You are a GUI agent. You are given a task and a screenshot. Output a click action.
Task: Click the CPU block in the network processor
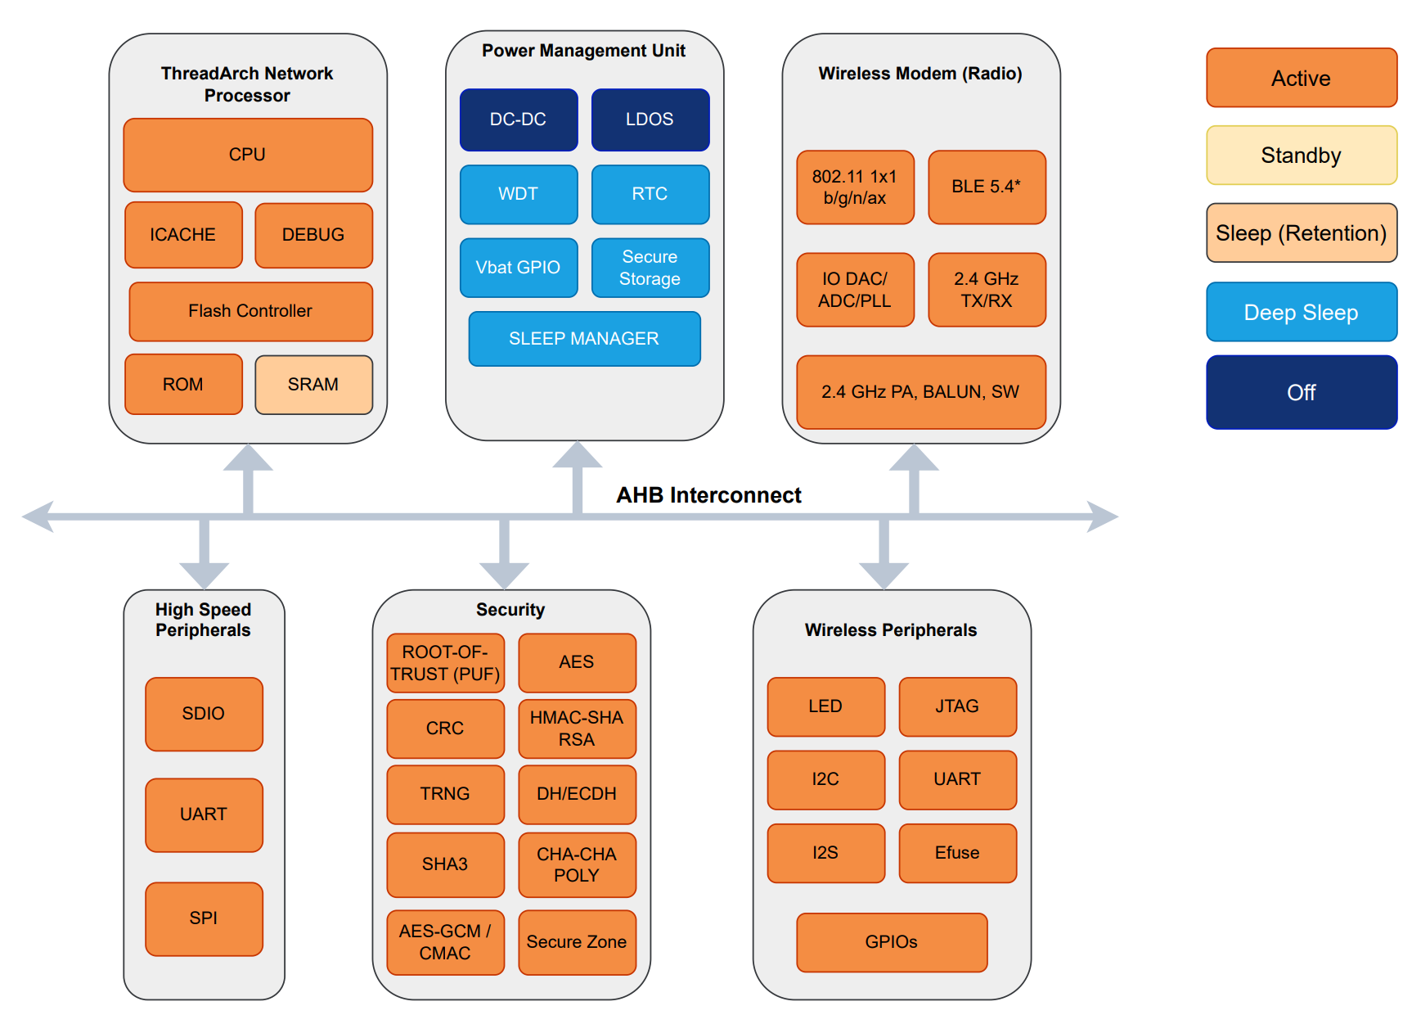pos(248,155)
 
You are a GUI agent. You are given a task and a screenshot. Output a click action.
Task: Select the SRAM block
pos(313,385)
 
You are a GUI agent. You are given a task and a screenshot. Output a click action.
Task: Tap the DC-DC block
pos(519,120)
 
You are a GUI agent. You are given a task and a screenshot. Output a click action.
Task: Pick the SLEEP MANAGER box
pos(584,339)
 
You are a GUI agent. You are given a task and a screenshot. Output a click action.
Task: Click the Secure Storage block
pos(650,268)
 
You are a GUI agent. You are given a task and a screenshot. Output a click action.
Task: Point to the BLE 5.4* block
pos(987,187)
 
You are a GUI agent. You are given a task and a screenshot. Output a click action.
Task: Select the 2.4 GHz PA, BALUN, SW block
pos(920,392)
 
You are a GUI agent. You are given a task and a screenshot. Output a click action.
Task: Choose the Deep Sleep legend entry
pos(1301,312)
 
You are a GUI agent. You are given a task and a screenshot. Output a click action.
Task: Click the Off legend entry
pos(1301,392)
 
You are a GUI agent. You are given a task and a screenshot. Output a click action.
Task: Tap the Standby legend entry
pos(1301,156)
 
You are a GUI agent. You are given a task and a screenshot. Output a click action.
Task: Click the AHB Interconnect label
pos(708,495)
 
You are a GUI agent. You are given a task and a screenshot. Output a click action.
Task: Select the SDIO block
pos(204,714)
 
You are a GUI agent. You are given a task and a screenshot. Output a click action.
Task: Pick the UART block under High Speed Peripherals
pos(204,814)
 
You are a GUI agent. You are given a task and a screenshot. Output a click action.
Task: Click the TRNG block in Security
pos(445,794)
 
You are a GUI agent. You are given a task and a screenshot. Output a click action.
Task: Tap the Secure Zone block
pos(577,942)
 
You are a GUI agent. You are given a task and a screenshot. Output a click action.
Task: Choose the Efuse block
pos(957,853)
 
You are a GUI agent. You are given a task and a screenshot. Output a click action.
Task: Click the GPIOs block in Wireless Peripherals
pos(892,942)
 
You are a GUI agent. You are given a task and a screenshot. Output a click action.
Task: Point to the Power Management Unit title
pos(583,51)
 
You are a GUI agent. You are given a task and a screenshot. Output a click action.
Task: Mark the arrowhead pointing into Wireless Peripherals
pos(884,575)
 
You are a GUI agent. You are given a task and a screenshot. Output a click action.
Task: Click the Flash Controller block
pos(250,311)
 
